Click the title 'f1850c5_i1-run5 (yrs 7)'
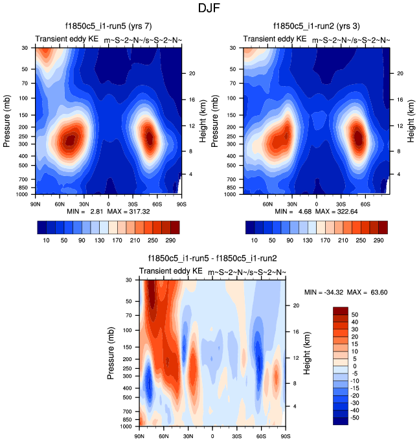108,27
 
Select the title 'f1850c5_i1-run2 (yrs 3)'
317,27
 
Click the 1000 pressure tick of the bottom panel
127,426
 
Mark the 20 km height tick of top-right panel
400,73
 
